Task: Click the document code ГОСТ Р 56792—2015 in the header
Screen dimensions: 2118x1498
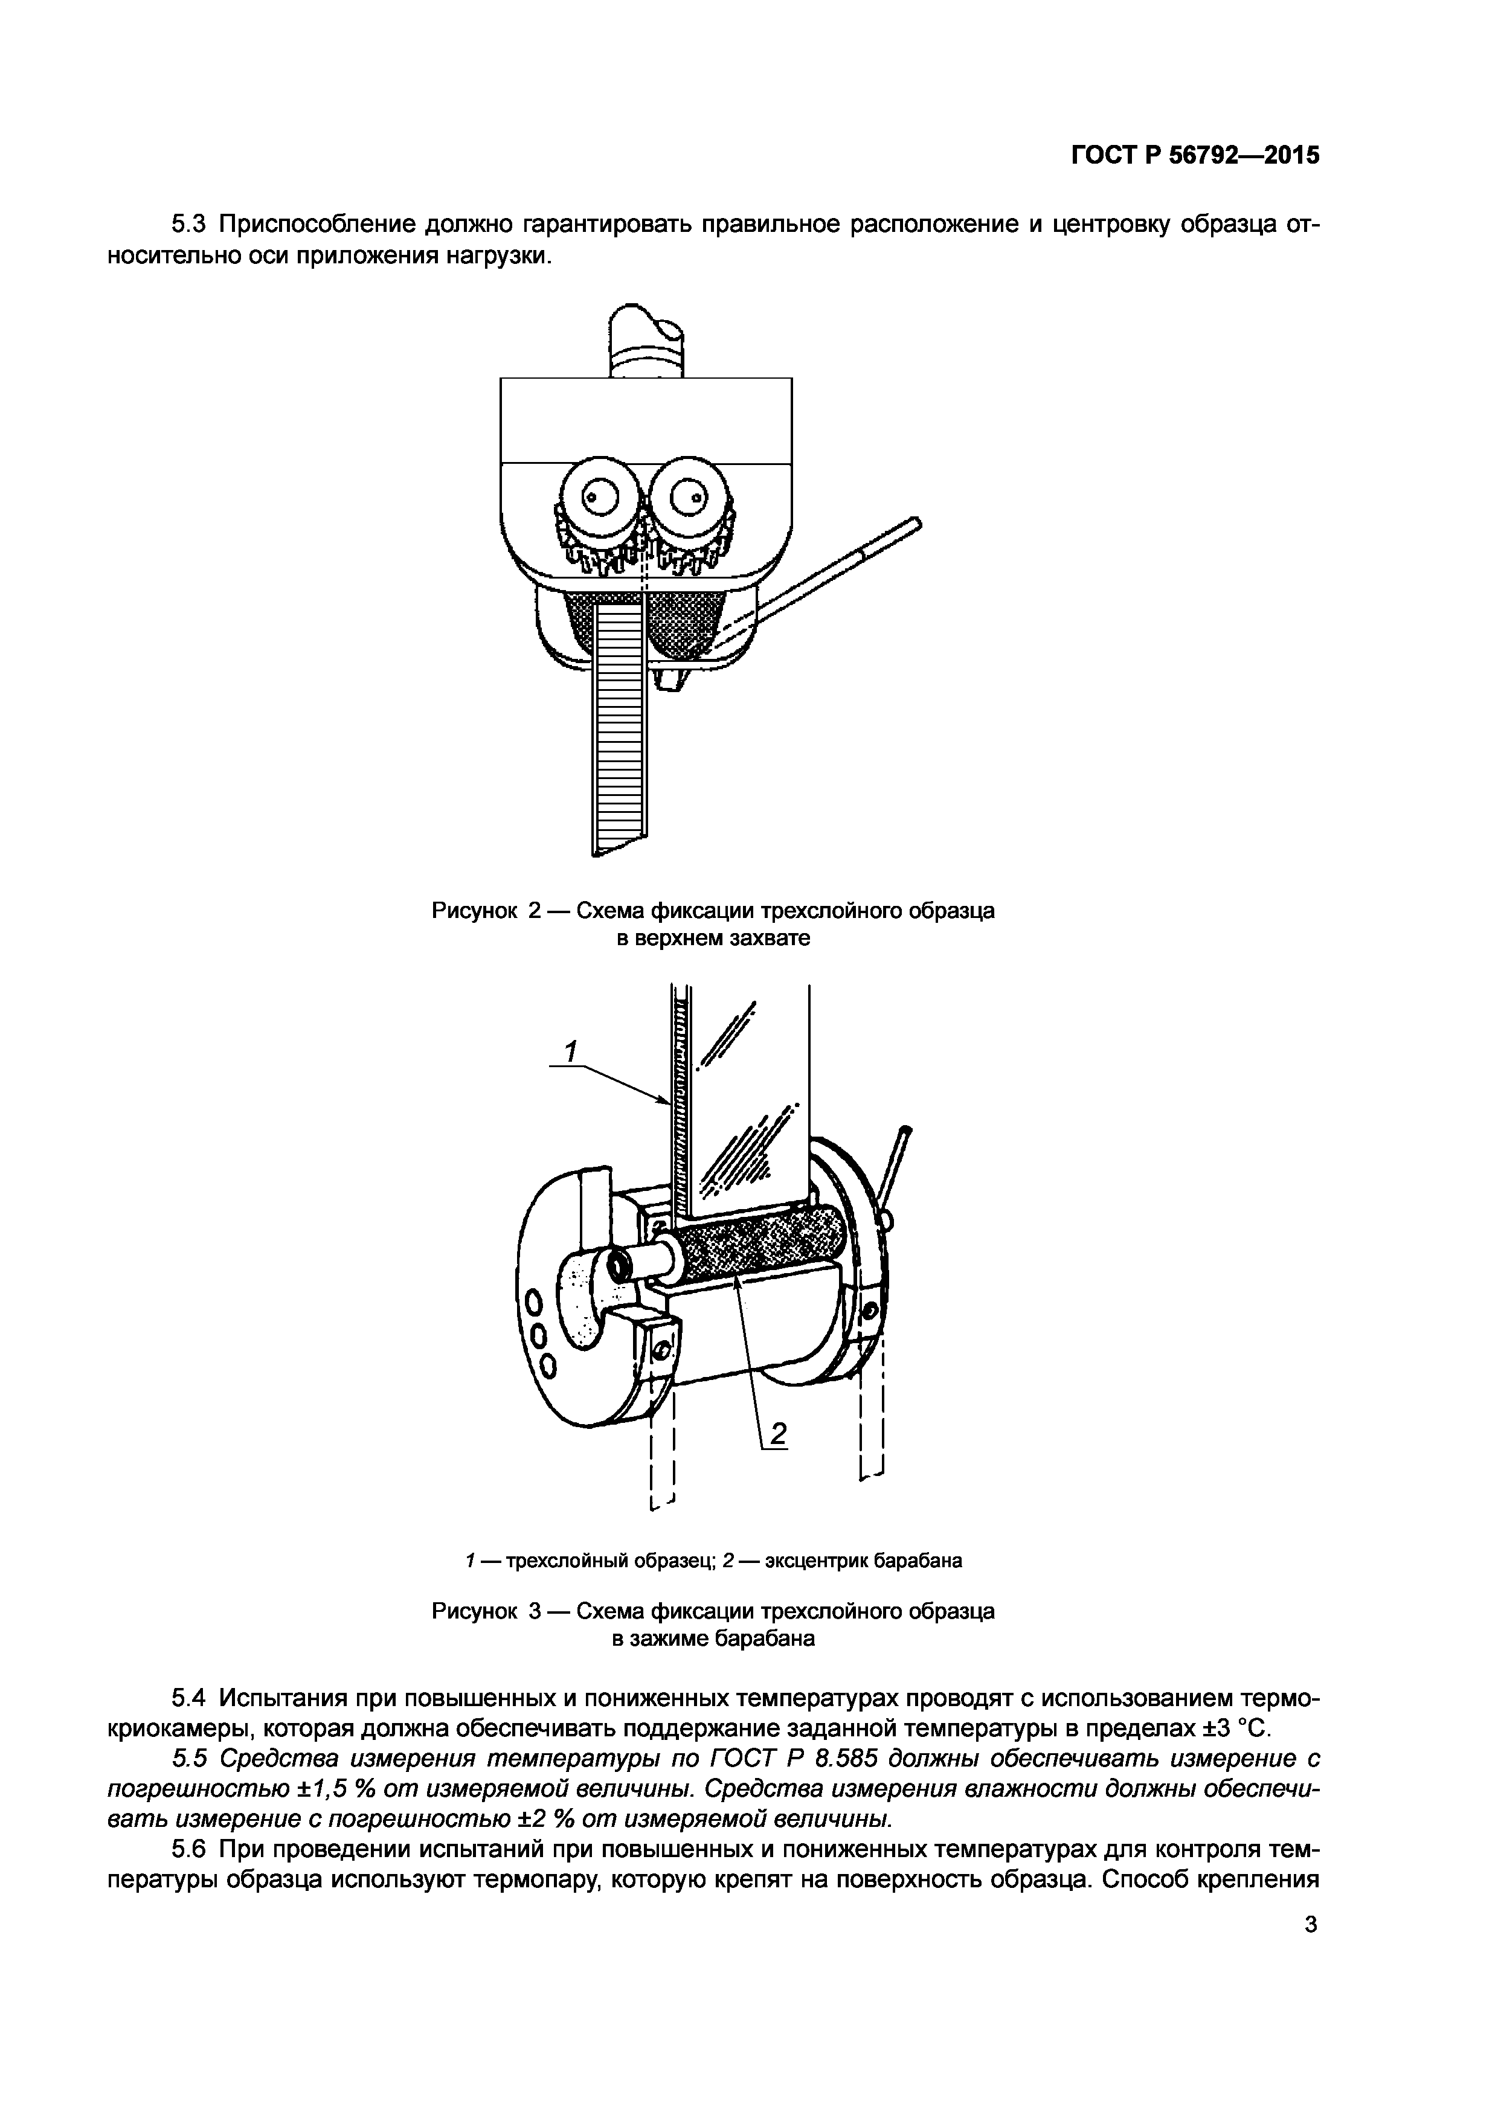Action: click(x=1195, y=156)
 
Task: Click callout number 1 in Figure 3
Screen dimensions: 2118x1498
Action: click(x=571, y=1051)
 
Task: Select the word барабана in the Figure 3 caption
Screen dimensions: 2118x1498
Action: click(x=770, y=1638)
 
